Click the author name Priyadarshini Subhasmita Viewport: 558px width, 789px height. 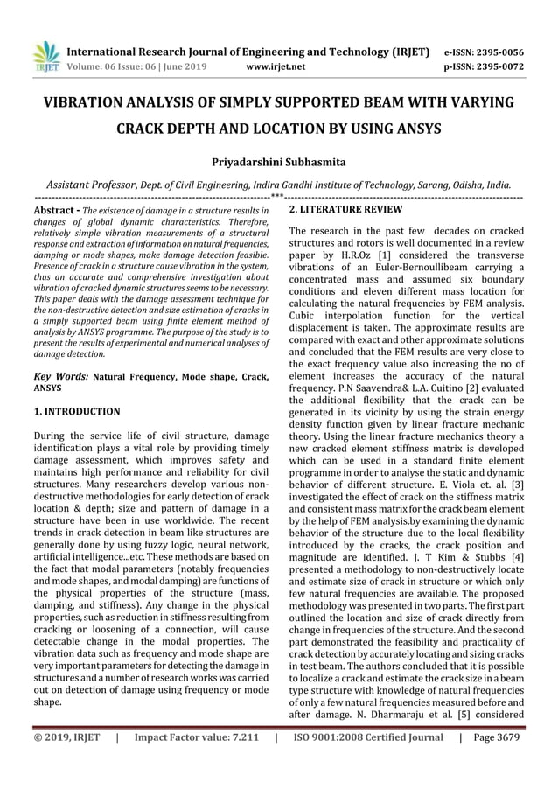pyautogui.click(x=279, y=163)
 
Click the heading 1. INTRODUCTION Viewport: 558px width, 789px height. pyautogui.click(x=77, y=410)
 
